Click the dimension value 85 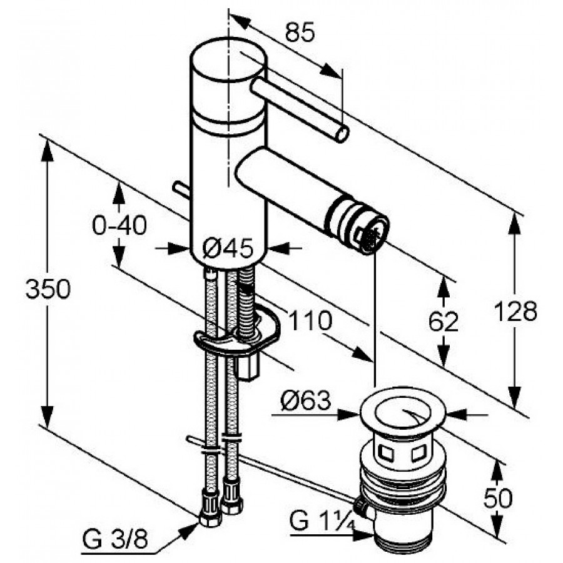300,33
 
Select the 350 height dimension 48,290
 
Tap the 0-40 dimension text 119,226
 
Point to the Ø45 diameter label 227,248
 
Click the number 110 310,321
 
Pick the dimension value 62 444,322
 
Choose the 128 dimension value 515,312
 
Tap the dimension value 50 498,498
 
